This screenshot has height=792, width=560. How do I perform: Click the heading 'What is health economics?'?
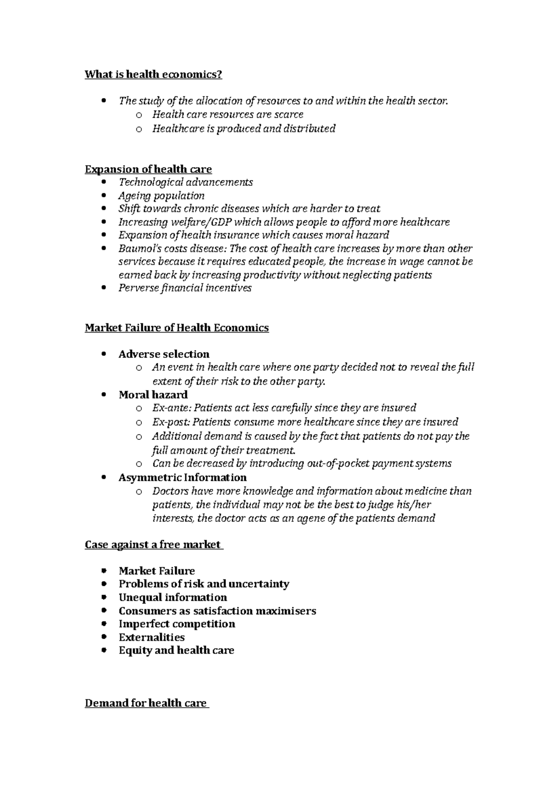pos(153,75)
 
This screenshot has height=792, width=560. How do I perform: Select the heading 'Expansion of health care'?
pos(148,169)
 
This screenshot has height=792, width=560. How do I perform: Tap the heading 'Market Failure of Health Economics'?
pos(176,328)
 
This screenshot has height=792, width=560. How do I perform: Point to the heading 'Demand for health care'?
pos(146,703)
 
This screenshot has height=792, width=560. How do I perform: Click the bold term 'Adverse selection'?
pos(164,354)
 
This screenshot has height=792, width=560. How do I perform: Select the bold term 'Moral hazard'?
pos(153,395)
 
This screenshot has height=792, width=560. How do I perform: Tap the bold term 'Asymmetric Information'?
pos(182,478)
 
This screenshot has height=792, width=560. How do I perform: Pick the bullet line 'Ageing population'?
pos(161,195)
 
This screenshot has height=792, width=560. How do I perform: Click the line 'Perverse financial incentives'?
pos(185,288)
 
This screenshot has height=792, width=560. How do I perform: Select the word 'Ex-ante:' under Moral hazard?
pos(171,408)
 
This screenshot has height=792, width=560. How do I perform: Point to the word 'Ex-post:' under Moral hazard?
pos(171,422)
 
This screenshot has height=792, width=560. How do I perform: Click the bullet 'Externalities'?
pos(152,637)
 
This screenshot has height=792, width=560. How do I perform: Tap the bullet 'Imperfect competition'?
pos(177,624)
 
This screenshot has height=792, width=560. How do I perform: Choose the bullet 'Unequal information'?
pos(173,597)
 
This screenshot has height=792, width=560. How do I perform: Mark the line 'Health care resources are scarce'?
pos(228,115)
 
